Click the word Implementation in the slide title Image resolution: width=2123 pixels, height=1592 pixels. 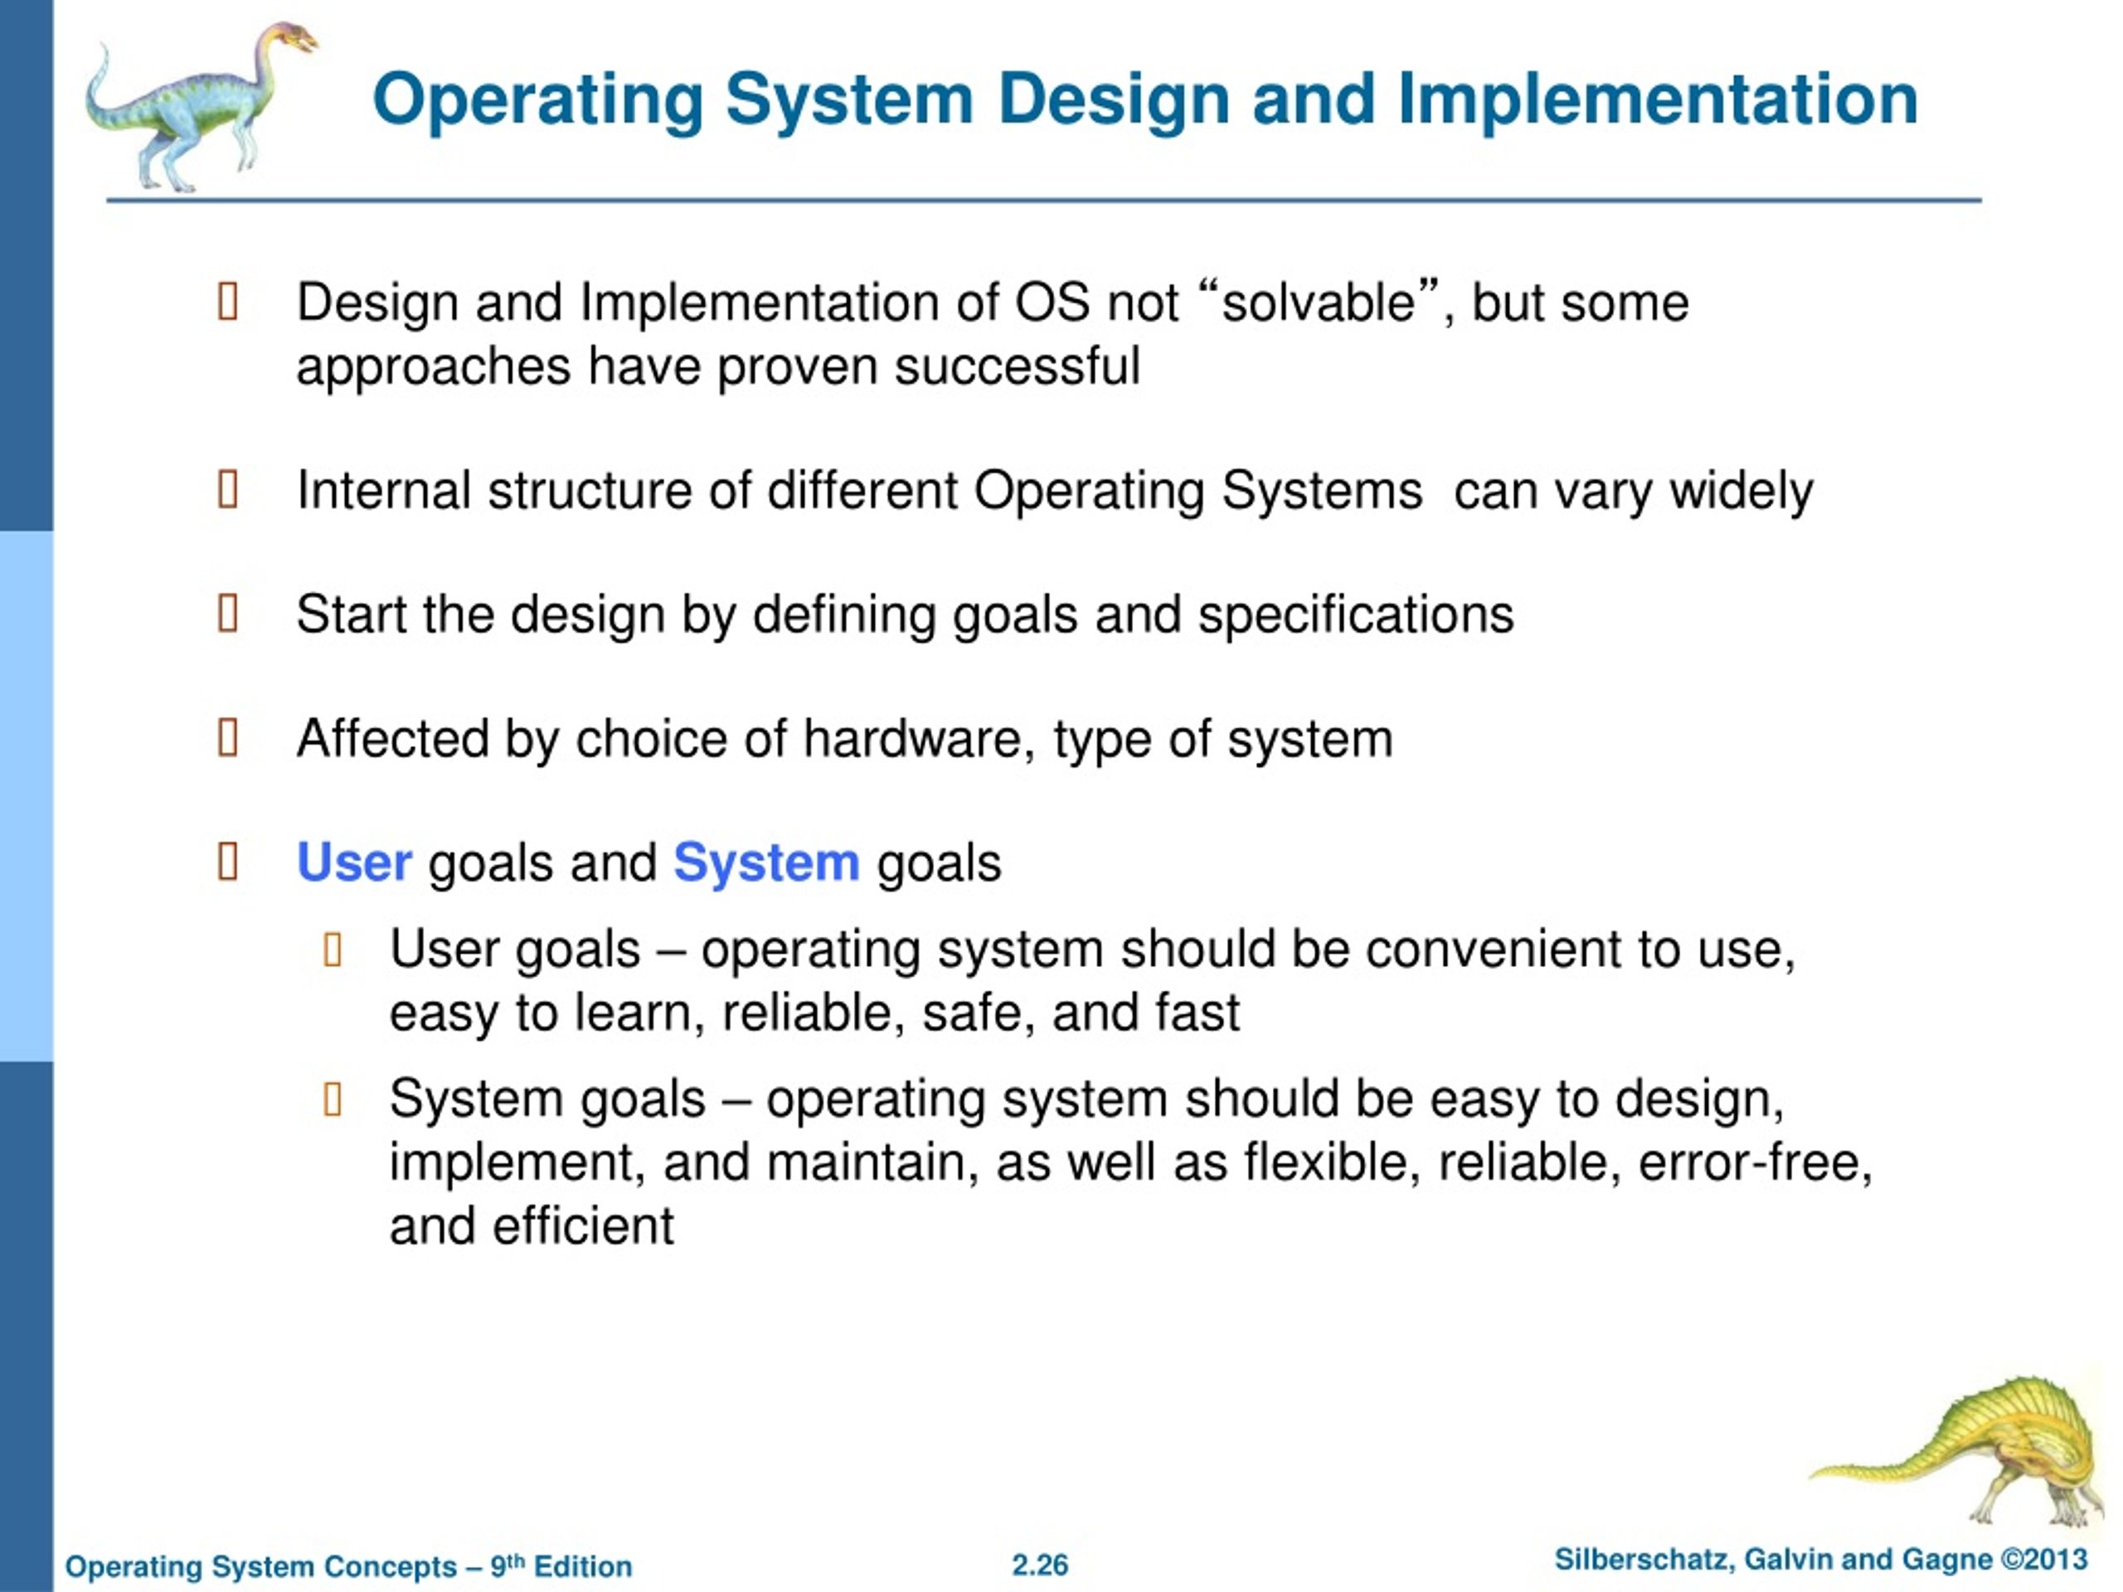1658,99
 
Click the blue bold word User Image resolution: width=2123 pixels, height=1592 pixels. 354,862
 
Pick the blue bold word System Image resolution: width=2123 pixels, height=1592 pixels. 766,862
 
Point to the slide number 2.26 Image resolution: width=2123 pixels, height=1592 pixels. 1039,1565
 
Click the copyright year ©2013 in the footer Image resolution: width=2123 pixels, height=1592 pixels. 2044,1560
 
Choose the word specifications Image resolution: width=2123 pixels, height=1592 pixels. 1355,615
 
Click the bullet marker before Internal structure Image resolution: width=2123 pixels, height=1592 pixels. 228,490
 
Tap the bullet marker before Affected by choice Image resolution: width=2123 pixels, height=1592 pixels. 228,738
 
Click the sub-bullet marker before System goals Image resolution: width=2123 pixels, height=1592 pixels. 333,1099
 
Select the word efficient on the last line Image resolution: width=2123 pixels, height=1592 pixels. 584,1227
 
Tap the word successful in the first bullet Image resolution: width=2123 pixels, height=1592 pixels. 1017,366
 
